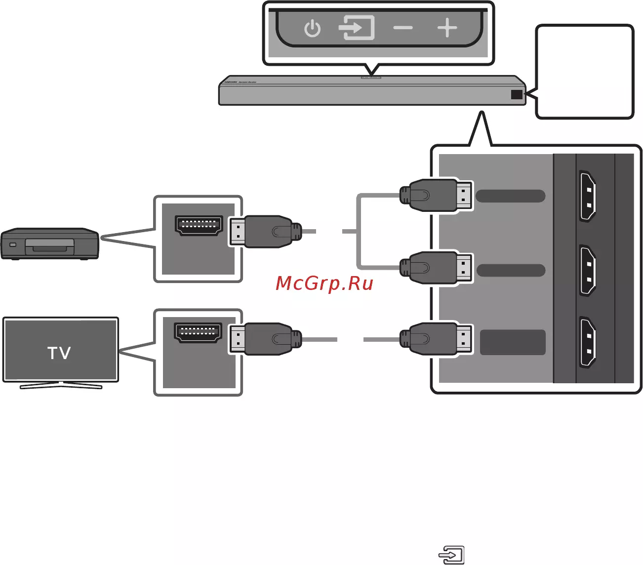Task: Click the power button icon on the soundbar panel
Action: [312, 29]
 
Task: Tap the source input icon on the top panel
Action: [356, 28]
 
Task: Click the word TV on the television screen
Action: [59, 353]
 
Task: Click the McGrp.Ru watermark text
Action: [324, 283]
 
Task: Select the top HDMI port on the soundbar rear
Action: [587, 196]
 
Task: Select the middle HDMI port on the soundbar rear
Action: [587, 271]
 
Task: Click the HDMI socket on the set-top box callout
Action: [198, 226]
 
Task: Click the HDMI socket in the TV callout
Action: [198, 332]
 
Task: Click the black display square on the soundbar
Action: [517, 94]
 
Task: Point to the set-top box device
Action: [49, 243]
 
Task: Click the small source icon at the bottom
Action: [452, 555]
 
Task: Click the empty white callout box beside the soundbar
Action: [585, 72]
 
